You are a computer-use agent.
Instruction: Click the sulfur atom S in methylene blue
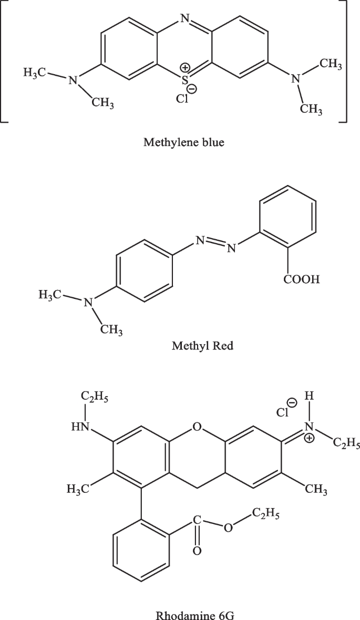point(183,80)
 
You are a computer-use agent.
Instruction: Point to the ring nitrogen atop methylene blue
point(183,19)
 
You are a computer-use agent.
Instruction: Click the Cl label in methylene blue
point(181,98)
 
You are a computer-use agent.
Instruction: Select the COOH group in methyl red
point(302,280)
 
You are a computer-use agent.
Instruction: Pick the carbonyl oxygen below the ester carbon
point(196,551)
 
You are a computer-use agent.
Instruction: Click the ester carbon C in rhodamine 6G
point(196,520)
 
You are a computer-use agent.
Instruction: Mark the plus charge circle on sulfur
point(185,68)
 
